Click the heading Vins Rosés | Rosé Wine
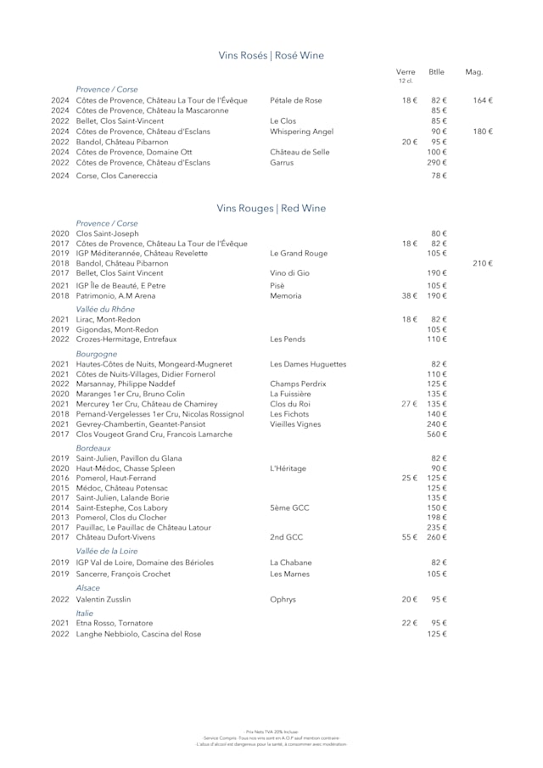click(271, 56)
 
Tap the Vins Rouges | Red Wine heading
click(271, 209)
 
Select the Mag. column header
click(473, 72)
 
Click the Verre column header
click(406, 72)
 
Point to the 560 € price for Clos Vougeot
click(437, 434)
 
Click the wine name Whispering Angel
click(301, 132)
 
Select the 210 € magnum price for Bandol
click(482, 264)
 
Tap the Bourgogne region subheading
click(97, 354)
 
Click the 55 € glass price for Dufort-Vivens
click(409, 537)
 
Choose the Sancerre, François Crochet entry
click(123, 575)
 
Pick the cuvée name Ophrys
click(283, 599)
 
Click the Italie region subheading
click(85, 613)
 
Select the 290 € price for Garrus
click(437, 162)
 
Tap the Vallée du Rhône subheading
click(106, 310)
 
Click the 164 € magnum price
click(482, 100)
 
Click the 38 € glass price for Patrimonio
click(409, 296)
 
